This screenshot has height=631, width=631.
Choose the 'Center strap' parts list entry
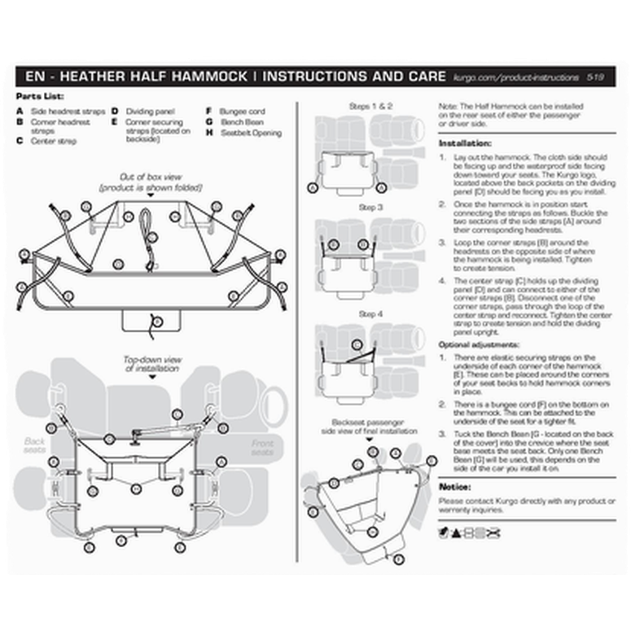click(x=53, y=141)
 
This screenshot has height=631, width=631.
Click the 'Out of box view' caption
click(x=151, y=177)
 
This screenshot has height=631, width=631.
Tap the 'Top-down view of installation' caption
click(x=152, y=363)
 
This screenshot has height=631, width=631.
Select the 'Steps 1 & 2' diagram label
click(x=370, y=106)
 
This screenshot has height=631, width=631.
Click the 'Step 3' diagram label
click(x=370, y=208)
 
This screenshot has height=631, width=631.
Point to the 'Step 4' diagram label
click(x=370, y=313)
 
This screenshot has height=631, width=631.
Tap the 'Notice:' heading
click(x=454, y=486)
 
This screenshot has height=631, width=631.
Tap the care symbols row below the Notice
click(x=469, y=532)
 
